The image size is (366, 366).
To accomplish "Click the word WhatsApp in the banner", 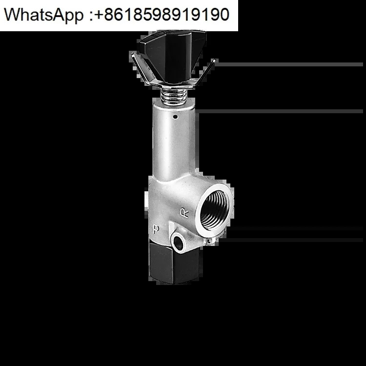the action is click(43, 15).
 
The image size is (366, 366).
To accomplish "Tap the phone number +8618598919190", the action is click(162, 14).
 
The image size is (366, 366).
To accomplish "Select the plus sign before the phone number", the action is click(99, 15).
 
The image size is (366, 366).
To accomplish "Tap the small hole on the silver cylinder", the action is click(176, 117).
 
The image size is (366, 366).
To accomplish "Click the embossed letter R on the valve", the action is click(184, 213).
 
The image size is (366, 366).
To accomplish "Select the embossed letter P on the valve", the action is click(156, 229).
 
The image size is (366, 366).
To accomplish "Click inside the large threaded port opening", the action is click(215, 210).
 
